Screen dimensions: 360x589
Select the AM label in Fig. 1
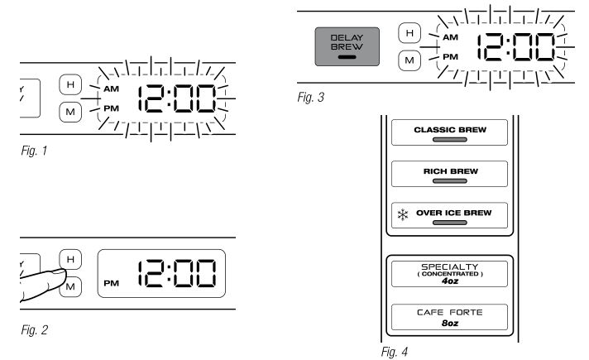pyautogui.click(x=112, y=88)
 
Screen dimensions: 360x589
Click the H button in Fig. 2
pyautogui.click(x=71, y=260)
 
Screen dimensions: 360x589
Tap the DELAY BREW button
pyautogui.click(x=347, y=47)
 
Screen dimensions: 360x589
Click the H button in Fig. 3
pyautogui.click(x=407, y=33)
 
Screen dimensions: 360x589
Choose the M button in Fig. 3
pyautogui.click(x=407, y=60)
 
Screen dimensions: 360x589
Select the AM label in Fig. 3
pyautogui.click(x=451, y=37)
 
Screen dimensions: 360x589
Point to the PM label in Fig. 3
pyautogui.click(x=451, y=56)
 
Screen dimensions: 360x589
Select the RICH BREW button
pyautogui.click(x=449, y=173)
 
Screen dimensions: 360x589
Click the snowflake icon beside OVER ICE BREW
pyautogui.click(x=402, y=214)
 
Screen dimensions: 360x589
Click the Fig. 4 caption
pyautogui.click(x=390, y=351)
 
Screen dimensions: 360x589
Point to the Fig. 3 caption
pyautogui.click(x=310, y=98)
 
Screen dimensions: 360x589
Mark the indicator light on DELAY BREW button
pyautogui.click(x=346, y=58)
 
